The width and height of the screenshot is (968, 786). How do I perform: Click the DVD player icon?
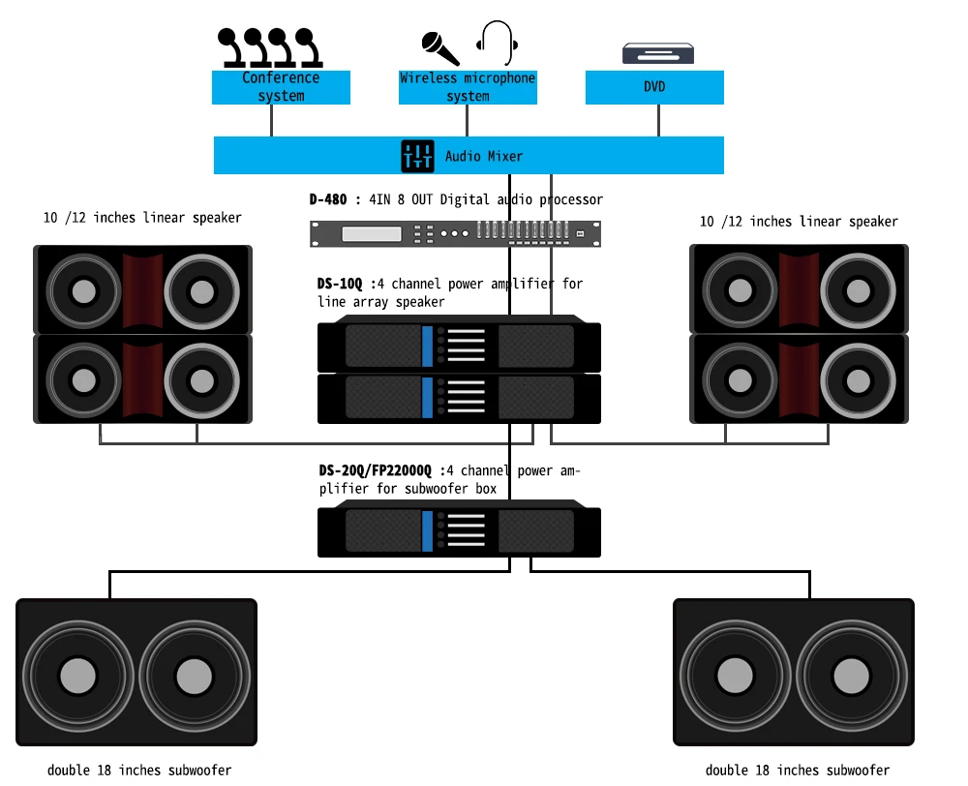[658, 53]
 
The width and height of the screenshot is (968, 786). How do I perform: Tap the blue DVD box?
[654, 87]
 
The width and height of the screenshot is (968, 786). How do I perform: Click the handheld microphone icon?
[440, 47]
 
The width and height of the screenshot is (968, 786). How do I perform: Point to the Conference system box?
[281, 87]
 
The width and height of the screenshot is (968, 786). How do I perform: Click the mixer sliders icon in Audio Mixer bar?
[418, 156]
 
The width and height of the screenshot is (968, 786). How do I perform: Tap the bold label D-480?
[328, 199]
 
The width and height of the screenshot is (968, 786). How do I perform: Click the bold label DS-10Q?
[340, 284]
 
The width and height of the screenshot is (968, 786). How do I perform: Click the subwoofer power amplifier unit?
[460, 531]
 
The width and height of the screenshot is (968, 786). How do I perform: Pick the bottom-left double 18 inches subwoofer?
[136, 673]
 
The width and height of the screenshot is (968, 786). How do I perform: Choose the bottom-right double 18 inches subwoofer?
[794, 673]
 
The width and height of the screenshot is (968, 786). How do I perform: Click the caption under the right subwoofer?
[797, 771]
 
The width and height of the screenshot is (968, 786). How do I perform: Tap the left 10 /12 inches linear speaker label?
[142, 218]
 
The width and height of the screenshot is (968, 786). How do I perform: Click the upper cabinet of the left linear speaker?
[143, 289]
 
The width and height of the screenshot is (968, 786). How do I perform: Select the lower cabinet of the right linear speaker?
[799, 378]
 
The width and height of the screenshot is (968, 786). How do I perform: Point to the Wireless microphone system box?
[468, 87]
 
